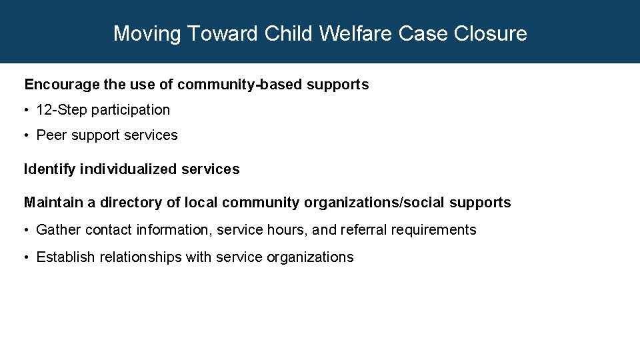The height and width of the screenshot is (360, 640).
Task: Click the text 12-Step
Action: (61, 110)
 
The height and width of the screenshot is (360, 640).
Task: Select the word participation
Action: (131, 110)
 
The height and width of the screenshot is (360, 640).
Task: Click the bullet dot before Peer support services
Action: (27, 135)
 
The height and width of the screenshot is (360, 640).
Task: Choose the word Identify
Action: (50, 169)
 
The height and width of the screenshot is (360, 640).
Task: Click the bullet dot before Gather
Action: (27, 230)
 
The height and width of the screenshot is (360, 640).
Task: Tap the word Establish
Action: (66, 257)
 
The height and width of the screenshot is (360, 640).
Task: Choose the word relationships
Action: (141, 257)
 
